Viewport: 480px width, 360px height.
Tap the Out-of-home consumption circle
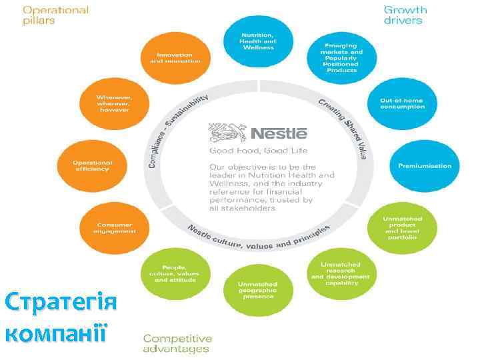coord(401,103)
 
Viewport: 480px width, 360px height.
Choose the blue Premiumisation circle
coord(424,165)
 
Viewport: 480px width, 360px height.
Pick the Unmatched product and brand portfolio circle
coord(399,227)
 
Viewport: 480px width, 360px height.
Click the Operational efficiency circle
coord(93,165)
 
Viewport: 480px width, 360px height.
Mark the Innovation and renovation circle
coord(175,57)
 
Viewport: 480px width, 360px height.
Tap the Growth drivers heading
coord(405,15)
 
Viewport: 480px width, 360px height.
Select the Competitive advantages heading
coord(177,343)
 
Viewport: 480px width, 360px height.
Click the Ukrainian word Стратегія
coord(61,303)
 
